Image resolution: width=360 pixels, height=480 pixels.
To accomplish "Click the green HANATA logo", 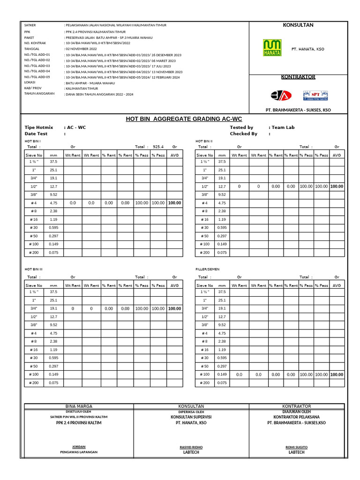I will (x=272, y=48).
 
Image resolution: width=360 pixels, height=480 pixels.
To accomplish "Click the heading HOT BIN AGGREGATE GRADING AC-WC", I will (x=184, y=119).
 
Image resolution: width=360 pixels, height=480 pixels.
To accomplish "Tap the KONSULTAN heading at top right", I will (x=298, y=25).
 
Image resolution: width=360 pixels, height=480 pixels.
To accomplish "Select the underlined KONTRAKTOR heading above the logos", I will (x=298, y=77).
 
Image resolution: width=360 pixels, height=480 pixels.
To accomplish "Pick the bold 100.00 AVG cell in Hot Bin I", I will (x=174, y=203).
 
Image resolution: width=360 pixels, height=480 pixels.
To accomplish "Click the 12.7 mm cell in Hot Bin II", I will (x=222, y=187).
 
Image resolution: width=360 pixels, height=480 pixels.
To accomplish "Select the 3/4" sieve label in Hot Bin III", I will (x=34, y=308).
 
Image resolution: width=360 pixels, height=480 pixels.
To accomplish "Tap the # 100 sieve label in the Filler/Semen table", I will (x=205, y=375).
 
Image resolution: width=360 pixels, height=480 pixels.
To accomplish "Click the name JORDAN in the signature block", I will (x=79, y=447).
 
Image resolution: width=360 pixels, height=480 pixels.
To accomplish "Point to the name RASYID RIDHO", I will (x=191, y=447).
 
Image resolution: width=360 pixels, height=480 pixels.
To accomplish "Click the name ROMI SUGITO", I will (x=296, y=447).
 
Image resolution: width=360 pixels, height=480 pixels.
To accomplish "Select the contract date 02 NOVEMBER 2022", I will (x=81, y=49).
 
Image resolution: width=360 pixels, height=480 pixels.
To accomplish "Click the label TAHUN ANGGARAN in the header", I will (x=39, y=94).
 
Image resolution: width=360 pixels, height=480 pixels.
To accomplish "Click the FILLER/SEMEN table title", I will (x=206, y=270).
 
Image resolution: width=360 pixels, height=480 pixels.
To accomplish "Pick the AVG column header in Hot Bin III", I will (x=174, y=285).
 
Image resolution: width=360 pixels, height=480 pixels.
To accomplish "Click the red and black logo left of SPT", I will (x=281, y=96).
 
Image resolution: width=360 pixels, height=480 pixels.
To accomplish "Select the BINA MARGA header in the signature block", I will (x=79, y=406).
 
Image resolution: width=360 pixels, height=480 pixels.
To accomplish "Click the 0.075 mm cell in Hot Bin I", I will (x=53, y=252).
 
